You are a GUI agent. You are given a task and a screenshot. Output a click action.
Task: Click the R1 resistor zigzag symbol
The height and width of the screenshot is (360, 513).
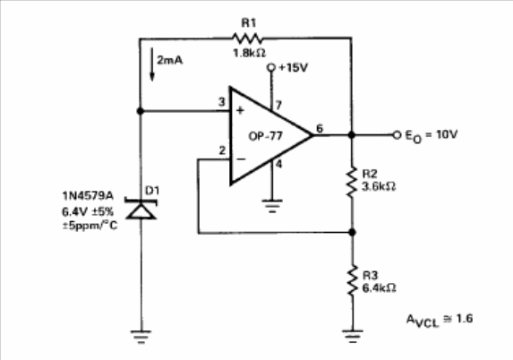[x=247, y=39]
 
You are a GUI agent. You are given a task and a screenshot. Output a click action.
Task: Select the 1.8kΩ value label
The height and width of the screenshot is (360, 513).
[x=249, y=53]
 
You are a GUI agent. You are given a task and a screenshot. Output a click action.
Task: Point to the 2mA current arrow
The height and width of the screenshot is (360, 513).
[x=152, y=64]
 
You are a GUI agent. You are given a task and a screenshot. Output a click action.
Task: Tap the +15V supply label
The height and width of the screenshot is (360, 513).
[x=293, y=68]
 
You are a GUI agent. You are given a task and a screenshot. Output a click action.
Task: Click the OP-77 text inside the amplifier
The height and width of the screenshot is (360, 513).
[x=265, y=136]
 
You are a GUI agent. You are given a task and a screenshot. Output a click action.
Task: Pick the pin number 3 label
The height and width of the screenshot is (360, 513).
[x=222, y=102]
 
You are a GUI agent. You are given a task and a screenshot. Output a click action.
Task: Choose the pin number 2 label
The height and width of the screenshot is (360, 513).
[x=222, y=150]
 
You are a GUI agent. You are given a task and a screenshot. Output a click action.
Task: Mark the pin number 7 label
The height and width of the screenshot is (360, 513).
[x=278, y=105]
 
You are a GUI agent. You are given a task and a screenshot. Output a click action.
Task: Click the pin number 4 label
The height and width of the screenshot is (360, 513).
[x=278, y=164]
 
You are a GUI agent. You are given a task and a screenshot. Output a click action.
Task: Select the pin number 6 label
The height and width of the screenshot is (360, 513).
[x=320, y=129]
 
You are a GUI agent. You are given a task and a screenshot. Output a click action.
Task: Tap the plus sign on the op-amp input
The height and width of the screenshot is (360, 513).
[x=240, y=111]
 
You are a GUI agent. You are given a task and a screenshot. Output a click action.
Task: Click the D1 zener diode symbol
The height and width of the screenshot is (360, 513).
[x=141, y=209]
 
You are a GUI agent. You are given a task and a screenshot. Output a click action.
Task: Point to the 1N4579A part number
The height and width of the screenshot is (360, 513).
[x=88, y=196]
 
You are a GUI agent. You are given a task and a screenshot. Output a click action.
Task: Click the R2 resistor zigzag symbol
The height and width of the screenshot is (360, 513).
[x=352, y=182]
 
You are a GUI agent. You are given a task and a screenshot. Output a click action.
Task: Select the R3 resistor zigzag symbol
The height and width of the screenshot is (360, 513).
[x=352, y=280]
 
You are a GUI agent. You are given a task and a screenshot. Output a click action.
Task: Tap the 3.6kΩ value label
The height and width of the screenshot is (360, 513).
[x=379, y=186]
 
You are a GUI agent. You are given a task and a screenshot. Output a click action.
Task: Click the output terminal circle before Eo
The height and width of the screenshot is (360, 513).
[x=397, y=135]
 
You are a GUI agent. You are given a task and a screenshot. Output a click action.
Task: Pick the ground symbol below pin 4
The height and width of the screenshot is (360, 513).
[x=272, y=206]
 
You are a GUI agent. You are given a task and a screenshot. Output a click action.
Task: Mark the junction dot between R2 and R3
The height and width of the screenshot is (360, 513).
[x=352, y=232]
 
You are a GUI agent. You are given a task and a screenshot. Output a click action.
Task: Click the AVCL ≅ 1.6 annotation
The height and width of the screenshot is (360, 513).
[x=440, y=320]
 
